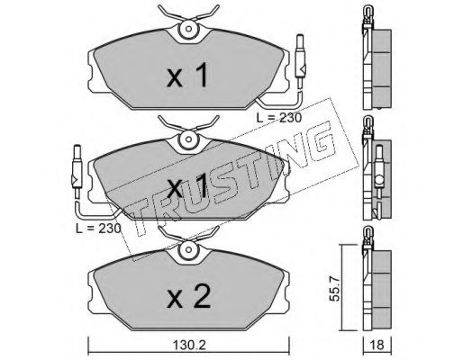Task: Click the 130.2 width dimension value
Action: click(x=189, y=346)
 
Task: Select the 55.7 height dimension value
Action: click(x=334, y=289)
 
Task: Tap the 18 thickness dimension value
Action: click(x=377, y=346)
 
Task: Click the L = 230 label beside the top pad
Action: click(x=279, y=118)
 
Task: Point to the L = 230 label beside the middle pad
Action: click(x=98, y=229)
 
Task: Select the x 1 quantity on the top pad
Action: click(x=187, y=75)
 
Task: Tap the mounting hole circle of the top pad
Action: click(x=188, y=29)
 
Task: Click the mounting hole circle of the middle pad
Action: click(x=188, y=139)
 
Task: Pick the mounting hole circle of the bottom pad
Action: click(x=188, y=249)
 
